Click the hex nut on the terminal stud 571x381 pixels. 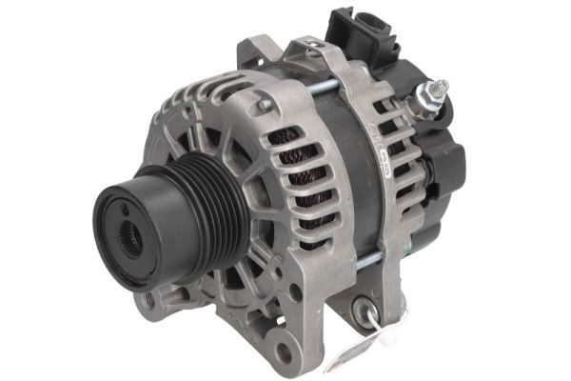tap(425, 99)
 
